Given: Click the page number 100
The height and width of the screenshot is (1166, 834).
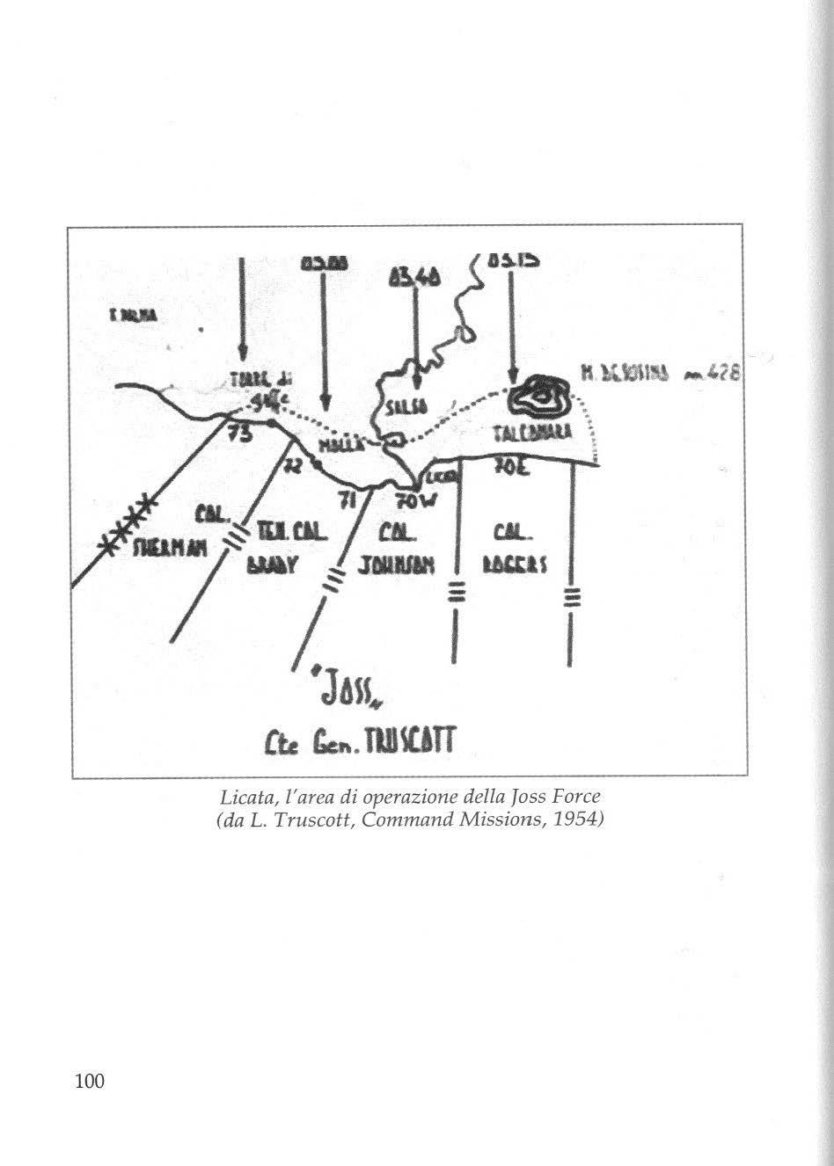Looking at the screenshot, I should [90, 1081].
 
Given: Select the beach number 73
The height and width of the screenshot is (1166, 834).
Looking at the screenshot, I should [239, 433].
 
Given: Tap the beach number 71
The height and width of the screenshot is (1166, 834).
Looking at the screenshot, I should [350, 500].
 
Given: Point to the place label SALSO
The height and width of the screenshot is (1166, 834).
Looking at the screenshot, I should [406, 406].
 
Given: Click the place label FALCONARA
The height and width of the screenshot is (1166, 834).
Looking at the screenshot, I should [529, 432].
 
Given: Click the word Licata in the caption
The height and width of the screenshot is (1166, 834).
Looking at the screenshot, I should [241, 797].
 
